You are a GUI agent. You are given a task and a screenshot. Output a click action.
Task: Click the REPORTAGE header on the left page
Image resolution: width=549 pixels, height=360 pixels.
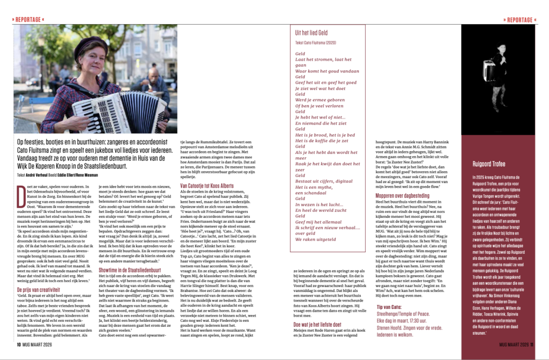28,20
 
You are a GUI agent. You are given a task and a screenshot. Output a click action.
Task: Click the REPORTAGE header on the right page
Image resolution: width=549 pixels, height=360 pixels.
520,20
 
